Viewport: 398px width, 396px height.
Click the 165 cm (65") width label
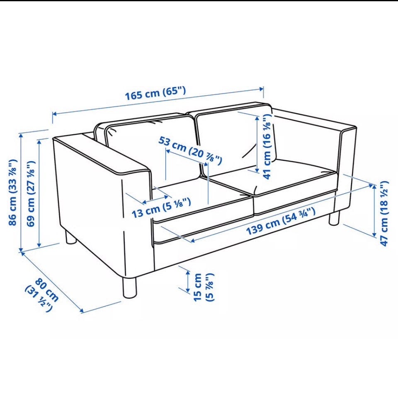tap(155, 93)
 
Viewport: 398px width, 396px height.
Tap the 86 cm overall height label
tap(13, 192)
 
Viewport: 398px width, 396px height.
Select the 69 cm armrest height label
tap(31, 193)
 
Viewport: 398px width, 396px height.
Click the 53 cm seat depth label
tap(190, 150)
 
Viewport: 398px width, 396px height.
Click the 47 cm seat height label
tap(384, 213)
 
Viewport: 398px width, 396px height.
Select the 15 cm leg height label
tap(204, 287)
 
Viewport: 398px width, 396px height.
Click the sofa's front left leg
tap(129, 288)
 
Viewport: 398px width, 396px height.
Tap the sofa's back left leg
tap(71, 238)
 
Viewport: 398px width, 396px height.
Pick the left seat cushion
tap(203, 200)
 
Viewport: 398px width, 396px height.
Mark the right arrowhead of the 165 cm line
tap(262, 89)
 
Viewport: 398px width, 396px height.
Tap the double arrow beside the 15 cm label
tap(188, 281)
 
